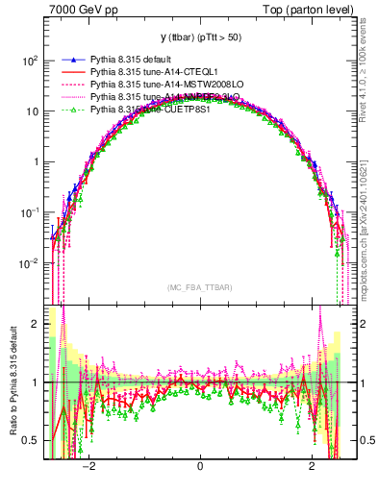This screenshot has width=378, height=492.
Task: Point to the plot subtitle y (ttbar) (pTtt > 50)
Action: click(200, 36)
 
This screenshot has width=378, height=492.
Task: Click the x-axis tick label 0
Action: click(199, 466)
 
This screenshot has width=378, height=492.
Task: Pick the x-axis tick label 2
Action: click(311, 466)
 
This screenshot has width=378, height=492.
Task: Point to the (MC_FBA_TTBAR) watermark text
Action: click(199, 287)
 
